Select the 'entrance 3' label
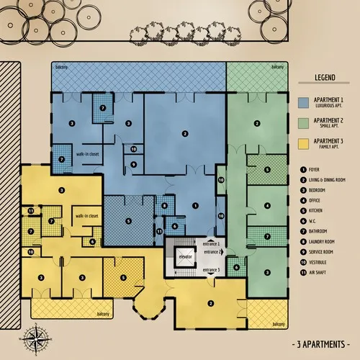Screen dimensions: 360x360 point(210,269)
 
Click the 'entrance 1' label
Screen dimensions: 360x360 point(210,243)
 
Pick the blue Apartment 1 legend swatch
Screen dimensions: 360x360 point(303,103)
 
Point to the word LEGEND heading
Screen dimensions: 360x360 point(326,78)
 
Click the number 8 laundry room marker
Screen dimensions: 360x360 point(165,207)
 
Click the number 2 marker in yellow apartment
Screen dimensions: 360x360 point(211,303)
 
